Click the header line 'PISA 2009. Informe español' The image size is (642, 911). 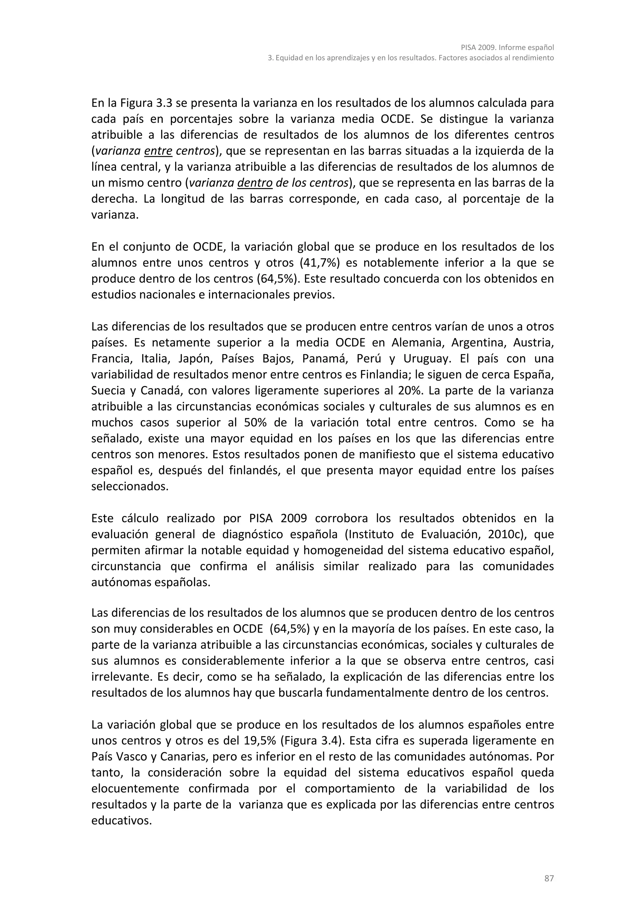[507, 48]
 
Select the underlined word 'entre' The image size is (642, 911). [158, 151]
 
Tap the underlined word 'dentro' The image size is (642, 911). [255, 183]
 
